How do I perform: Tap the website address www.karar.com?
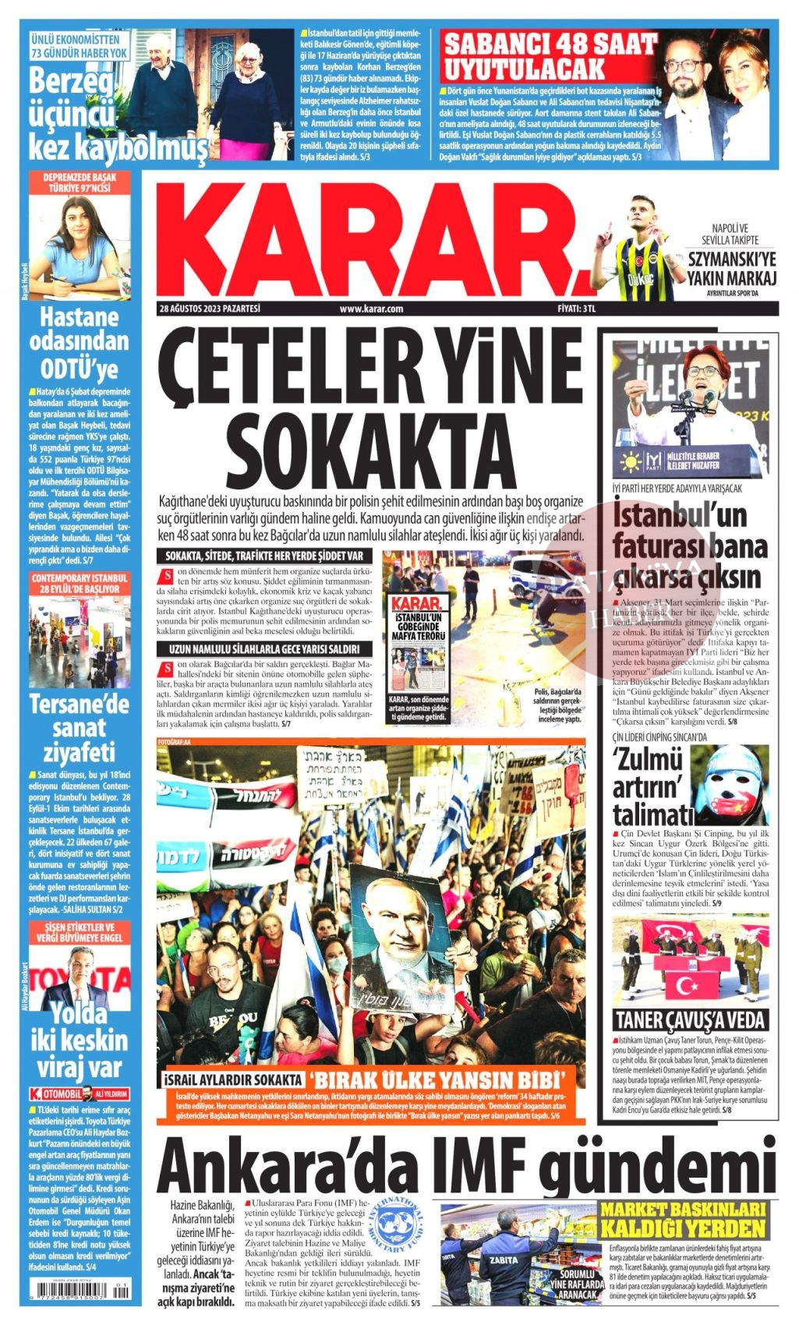pyautogui.click(x=371, y=309)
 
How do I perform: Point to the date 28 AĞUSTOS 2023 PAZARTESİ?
pyautogui.click(x=209, y=309)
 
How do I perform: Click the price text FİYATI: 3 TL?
pyautogui.click(x=577, y=309)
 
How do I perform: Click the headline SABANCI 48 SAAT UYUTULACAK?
pyautogui.click(x=550, y=56)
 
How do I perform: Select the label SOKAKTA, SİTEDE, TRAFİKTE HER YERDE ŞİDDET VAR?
pyautogui.click(x=265, y=556)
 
